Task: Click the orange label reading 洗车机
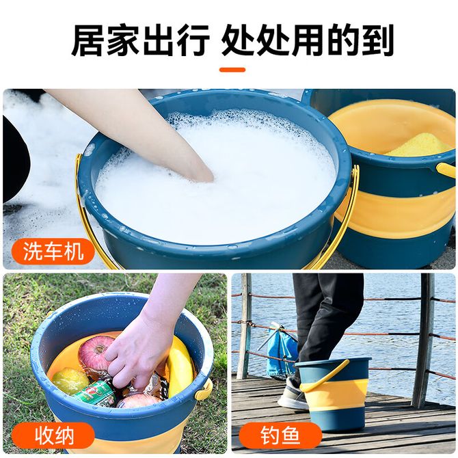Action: [x=53, y=251]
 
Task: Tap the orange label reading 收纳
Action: [x=53, y=436]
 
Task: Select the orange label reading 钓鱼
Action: [x=280, y=436]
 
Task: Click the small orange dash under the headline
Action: [x=232, y=70]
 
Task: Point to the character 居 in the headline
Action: [x=88, y=40]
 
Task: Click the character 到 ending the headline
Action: [x=377, y=40]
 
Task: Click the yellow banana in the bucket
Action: [x=179, y=365]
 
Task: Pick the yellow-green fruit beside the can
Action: [x=70, y=381]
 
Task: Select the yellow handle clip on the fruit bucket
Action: [x=204, y=388]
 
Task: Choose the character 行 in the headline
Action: [x=193, y=40]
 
